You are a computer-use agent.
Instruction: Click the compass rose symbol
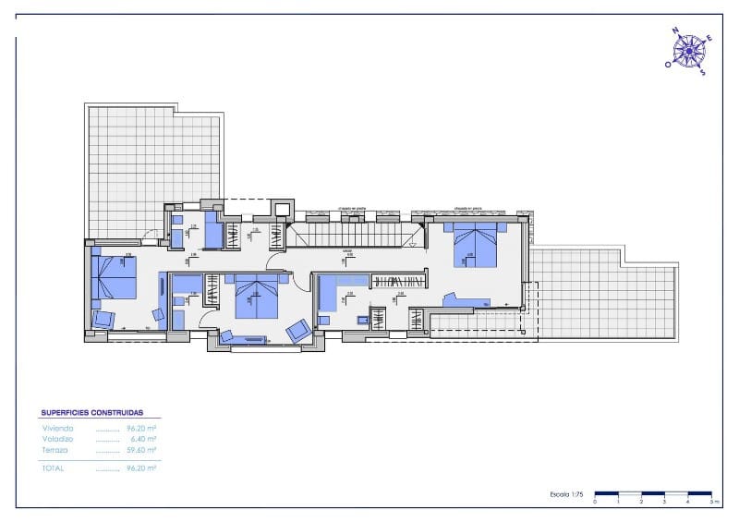tap(688, 50)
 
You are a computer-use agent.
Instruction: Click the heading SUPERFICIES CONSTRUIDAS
tap(99, 413)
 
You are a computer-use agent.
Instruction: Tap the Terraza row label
tap(55, 450)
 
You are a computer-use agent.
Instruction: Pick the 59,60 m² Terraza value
tap(140, 450)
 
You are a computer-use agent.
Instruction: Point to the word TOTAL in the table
tap(55, 468)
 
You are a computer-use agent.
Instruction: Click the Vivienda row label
tap(57, 429)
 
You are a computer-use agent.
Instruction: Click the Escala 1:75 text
tap(566, 495)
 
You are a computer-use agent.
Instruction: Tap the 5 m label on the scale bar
tap(711, 502)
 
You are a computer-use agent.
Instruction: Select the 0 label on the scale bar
tap(595, 502)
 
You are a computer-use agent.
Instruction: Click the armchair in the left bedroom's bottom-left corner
tap(103, 320)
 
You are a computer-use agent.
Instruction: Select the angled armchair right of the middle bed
tap(297, 330)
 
